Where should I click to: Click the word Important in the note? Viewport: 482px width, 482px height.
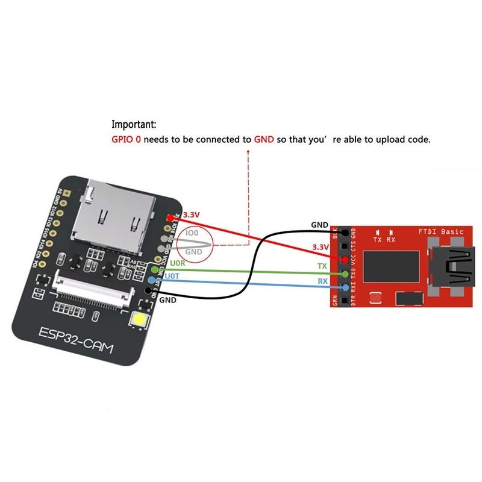pyautogui.click(x=134, y=125)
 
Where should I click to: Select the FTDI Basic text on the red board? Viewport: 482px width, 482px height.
pyautogui.click(x=441, y=231)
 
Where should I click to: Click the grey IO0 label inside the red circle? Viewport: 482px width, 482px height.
pyautogui.click(x=192, y=233)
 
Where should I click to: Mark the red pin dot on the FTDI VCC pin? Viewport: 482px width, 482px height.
pyautogui.click(x=345, y=259)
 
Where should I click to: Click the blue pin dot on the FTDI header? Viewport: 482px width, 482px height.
pyautogui.click(x=345, y=287)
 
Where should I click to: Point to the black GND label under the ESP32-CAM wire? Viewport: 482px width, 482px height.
pyautogui.click(x=168, y=299)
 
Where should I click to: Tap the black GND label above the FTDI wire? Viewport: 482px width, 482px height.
pyautogui.click(x=320, y=225)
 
